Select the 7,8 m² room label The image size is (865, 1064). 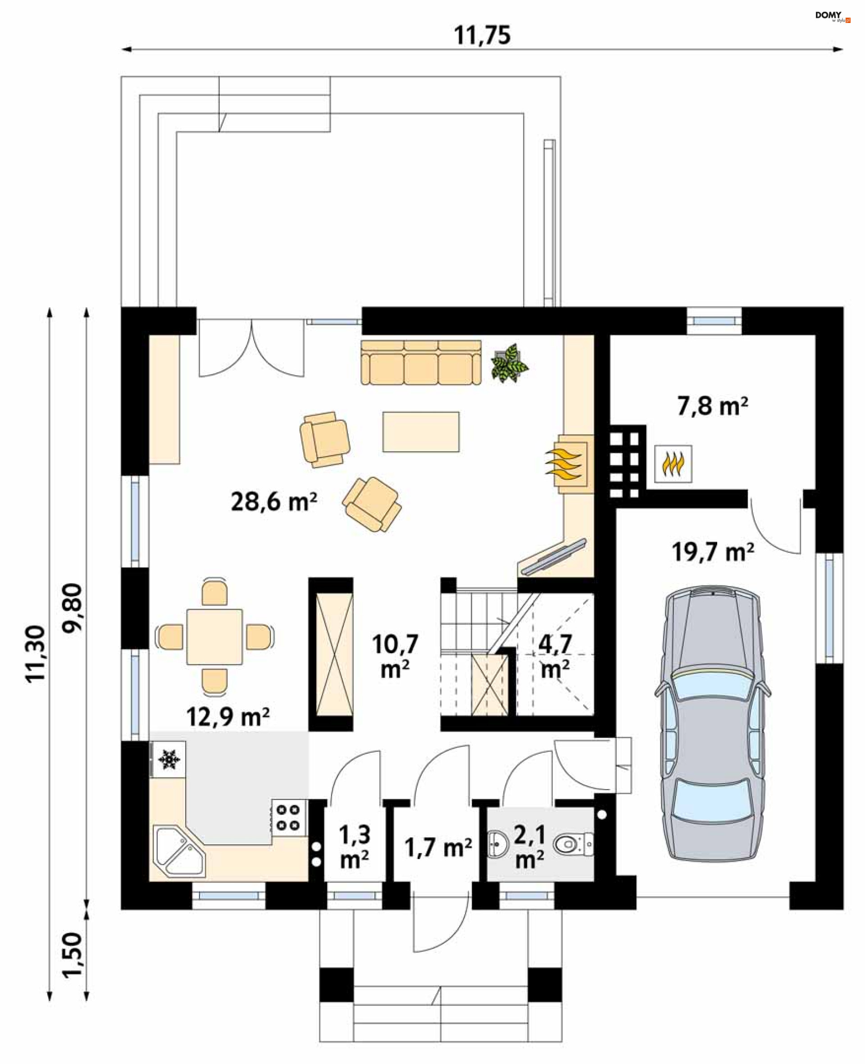coord(712,406)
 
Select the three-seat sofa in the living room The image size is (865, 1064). coord(421,363)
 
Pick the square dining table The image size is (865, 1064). coord(215,637)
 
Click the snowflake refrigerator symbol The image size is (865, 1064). coord(169,760)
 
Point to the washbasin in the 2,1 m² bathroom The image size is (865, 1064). coord(498,844)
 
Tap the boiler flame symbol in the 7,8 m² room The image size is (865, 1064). coord(673,464)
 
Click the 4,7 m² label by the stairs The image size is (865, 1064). coord(555,656)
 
